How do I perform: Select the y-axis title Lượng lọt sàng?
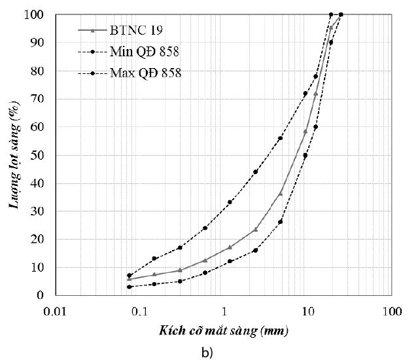pyautogui.click(x=14, y=154)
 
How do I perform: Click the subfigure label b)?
pyautogui.click(x=207, y=352)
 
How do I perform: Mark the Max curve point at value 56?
pyautogui.click(x=281, y=138)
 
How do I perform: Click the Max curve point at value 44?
pyautogui.click(x=255, y=171)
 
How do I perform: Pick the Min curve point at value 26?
pyautogui.click(x=281, y=222)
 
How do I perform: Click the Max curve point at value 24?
pyautogui.click(x=205, y=228)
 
